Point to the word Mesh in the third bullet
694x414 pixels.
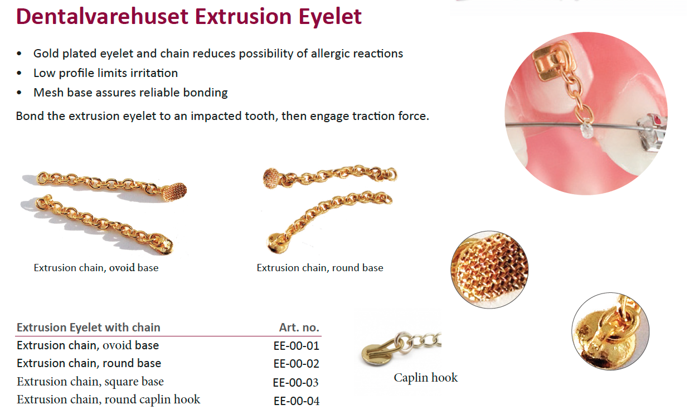pyautogui.click(x=48, y=93)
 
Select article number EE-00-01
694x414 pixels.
pyautogui.click(x=296, y=346)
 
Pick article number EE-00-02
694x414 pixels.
pyautogui.click(x=296, y=364)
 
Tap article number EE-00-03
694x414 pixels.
pyautogui.click(x=295, y=383)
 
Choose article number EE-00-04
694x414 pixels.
pyautogui.click(x=297, y=401)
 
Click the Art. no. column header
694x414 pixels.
pyautogui.click(x=299, y=328)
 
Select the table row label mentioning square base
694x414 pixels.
pyautogui.click(x=90, y=382)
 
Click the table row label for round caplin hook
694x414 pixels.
pyautogui.click(x=109, y=399)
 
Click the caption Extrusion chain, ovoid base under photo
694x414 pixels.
pyautogui.click(x=96, y=268)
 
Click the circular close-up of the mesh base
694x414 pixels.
pyautogui.click(x=489, y=269)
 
